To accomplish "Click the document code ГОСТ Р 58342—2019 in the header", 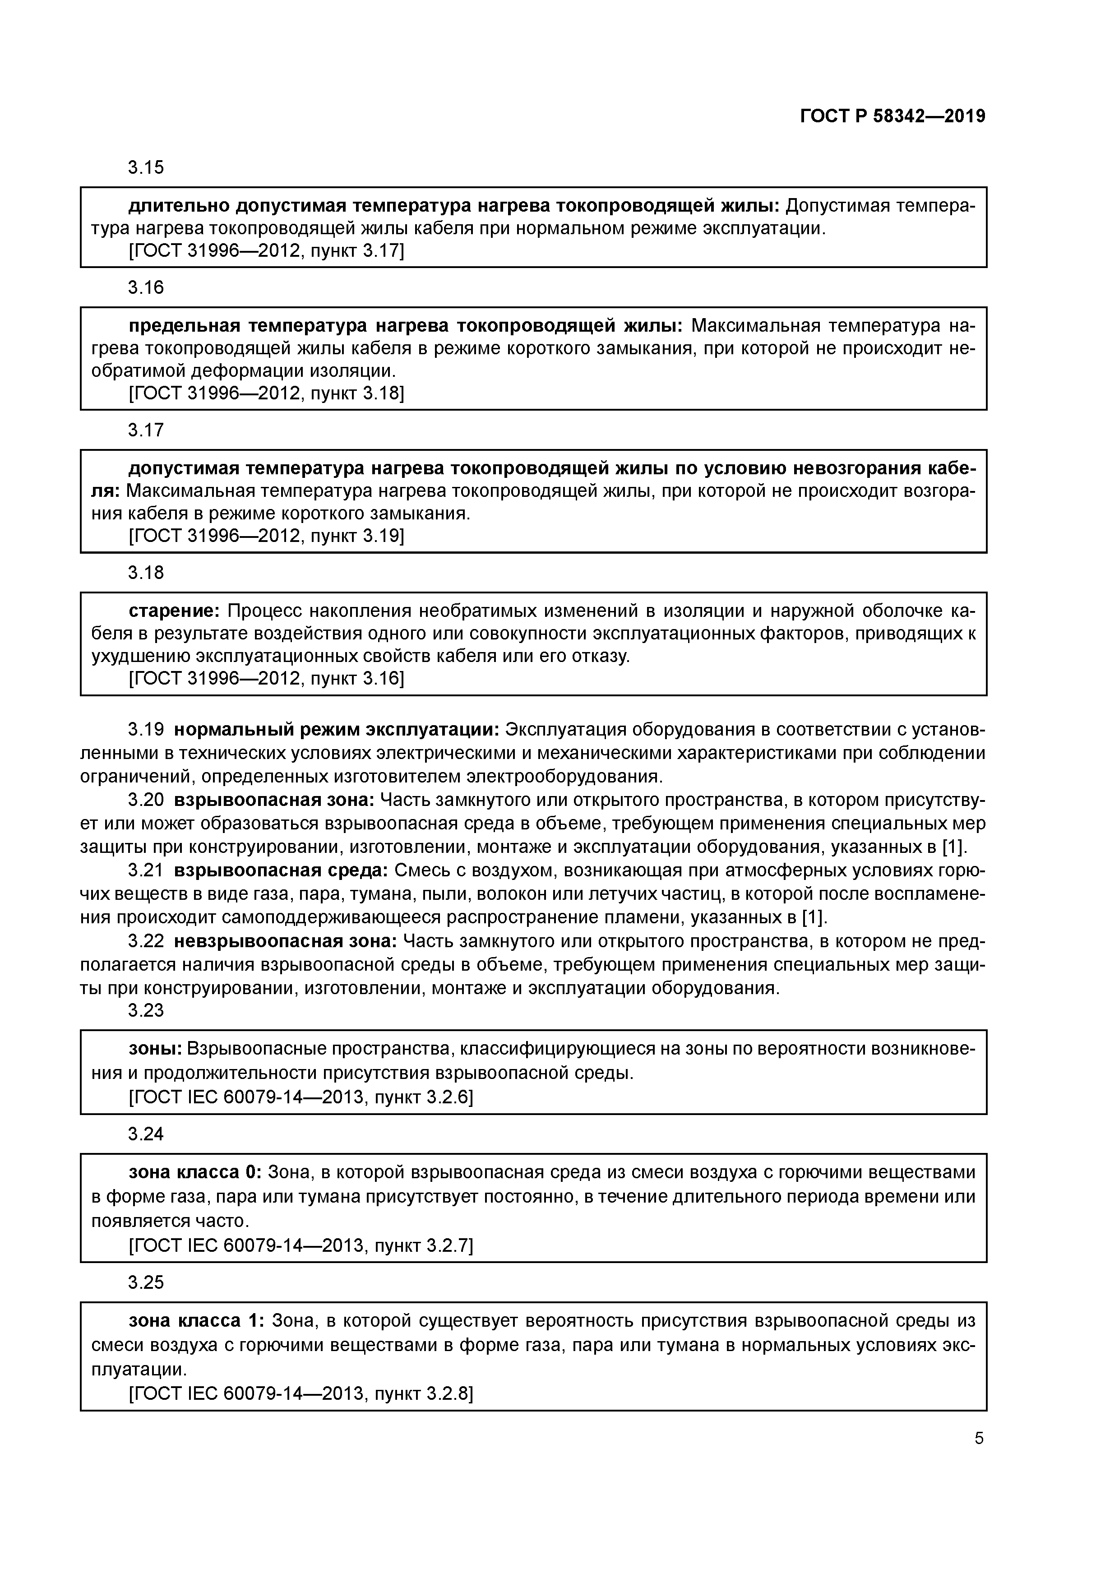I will (x=892, y=116).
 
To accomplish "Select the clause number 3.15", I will (x=146, y=167).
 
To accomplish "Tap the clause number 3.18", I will (x=146, y=572).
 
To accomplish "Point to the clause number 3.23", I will (x=146, y=1010).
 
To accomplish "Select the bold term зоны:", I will (x=156, y=1049).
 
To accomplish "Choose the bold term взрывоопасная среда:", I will (x=281, y=871).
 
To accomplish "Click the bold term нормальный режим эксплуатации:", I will (x=337, y=729).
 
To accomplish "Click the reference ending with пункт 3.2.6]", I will (x=301, y=1097).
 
